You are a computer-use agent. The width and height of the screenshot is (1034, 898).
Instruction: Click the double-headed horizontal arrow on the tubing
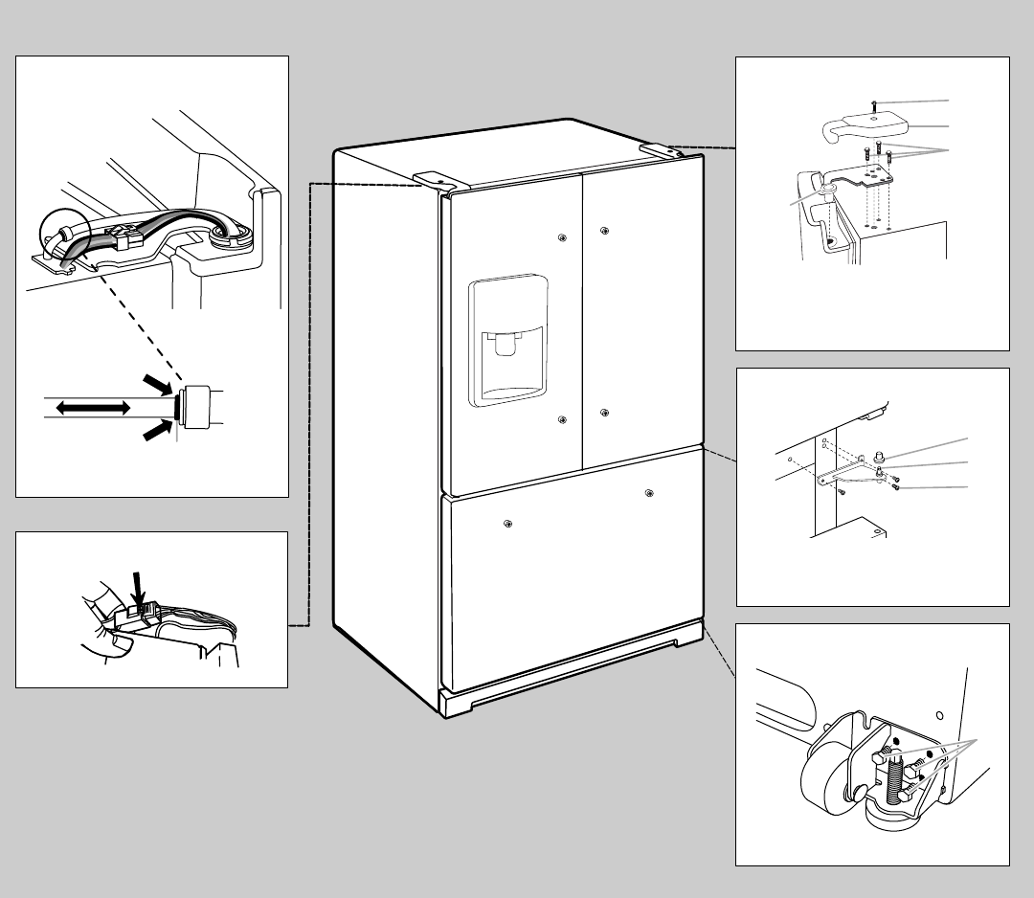[x=93, y=408]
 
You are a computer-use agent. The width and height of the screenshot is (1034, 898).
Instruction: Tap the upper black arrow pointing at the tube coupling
[x=156, y=384]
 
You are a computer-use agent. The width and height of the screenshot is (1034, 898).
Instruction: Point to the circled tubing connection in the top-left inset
[x=62, y=235]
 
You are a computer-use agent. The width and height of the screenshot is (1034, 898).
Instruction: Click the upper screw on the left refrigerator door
[x=561, y=236]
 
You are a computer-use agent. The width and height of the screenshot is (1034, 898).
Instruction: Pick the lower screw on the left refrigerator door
[x=561, y=418]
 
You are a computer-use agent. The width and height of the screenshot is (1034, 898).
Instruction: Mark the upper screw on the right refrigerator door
[x=604, y=230]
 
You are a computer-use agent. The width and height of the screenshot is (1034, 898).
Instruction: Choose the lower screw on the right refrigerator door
[x=604, y=413]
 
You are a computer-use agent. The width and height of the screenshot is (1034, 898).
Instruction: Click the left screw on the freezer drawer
[x=506, y=523]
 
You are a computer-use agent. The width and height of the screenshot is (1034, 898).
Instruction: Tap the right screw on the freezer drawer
[x=650, y=493]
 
